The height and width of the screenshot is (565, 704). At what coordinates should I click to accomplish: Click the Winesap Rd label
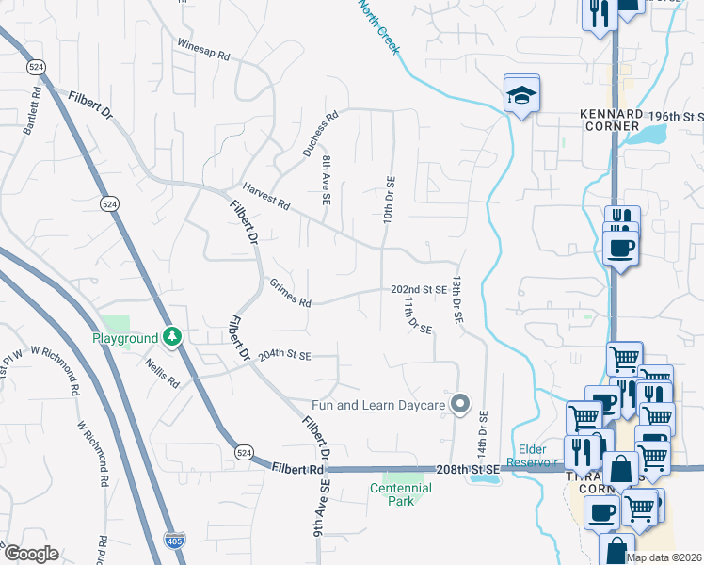(x=204, y=50)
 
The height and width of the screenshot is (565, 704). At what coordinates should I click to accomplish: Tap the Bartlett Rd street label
(x=33, y=111)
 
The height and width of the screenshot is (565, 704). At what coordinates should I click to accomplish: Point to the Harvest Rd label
(x=265, y=196)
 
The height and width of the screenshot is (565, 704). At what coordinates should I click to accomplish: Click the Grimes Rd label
(x=290, y=293)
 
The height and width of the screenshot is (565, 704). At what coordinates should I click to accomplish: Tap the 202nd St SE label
(x=419, y=289)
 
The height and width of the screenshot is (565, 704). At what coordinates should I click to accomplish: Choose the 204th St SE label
(x=284, y=355)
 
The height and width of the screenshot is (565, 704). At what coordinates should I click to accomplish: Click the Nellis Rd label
(x=161, y=371)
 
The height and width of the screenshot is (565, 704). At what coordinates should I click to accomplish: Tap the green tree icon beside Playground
(x=171, y=336)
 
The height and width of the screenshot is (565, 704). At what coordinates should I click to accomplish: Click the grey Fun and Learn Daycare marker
(x=460, y=405)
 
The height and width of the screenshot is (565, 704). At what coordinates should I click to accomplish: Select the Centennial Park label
(x=400, y=494)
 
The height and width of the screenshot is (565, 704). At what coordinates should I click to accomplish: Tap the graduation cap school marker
(x=521, y=95)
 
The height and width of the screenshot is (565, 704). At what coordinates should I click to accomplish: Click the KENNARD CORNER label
(x=609, y=120)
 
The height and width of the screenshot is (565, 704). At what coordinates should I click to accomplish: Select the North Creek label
(x=378, y=25)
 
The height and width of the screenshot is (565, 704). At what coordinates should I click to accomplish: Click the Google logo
(x=30, y=553)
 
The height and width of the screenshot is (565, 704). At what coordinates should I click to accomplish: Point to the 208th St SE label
(x=465, y=468)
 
